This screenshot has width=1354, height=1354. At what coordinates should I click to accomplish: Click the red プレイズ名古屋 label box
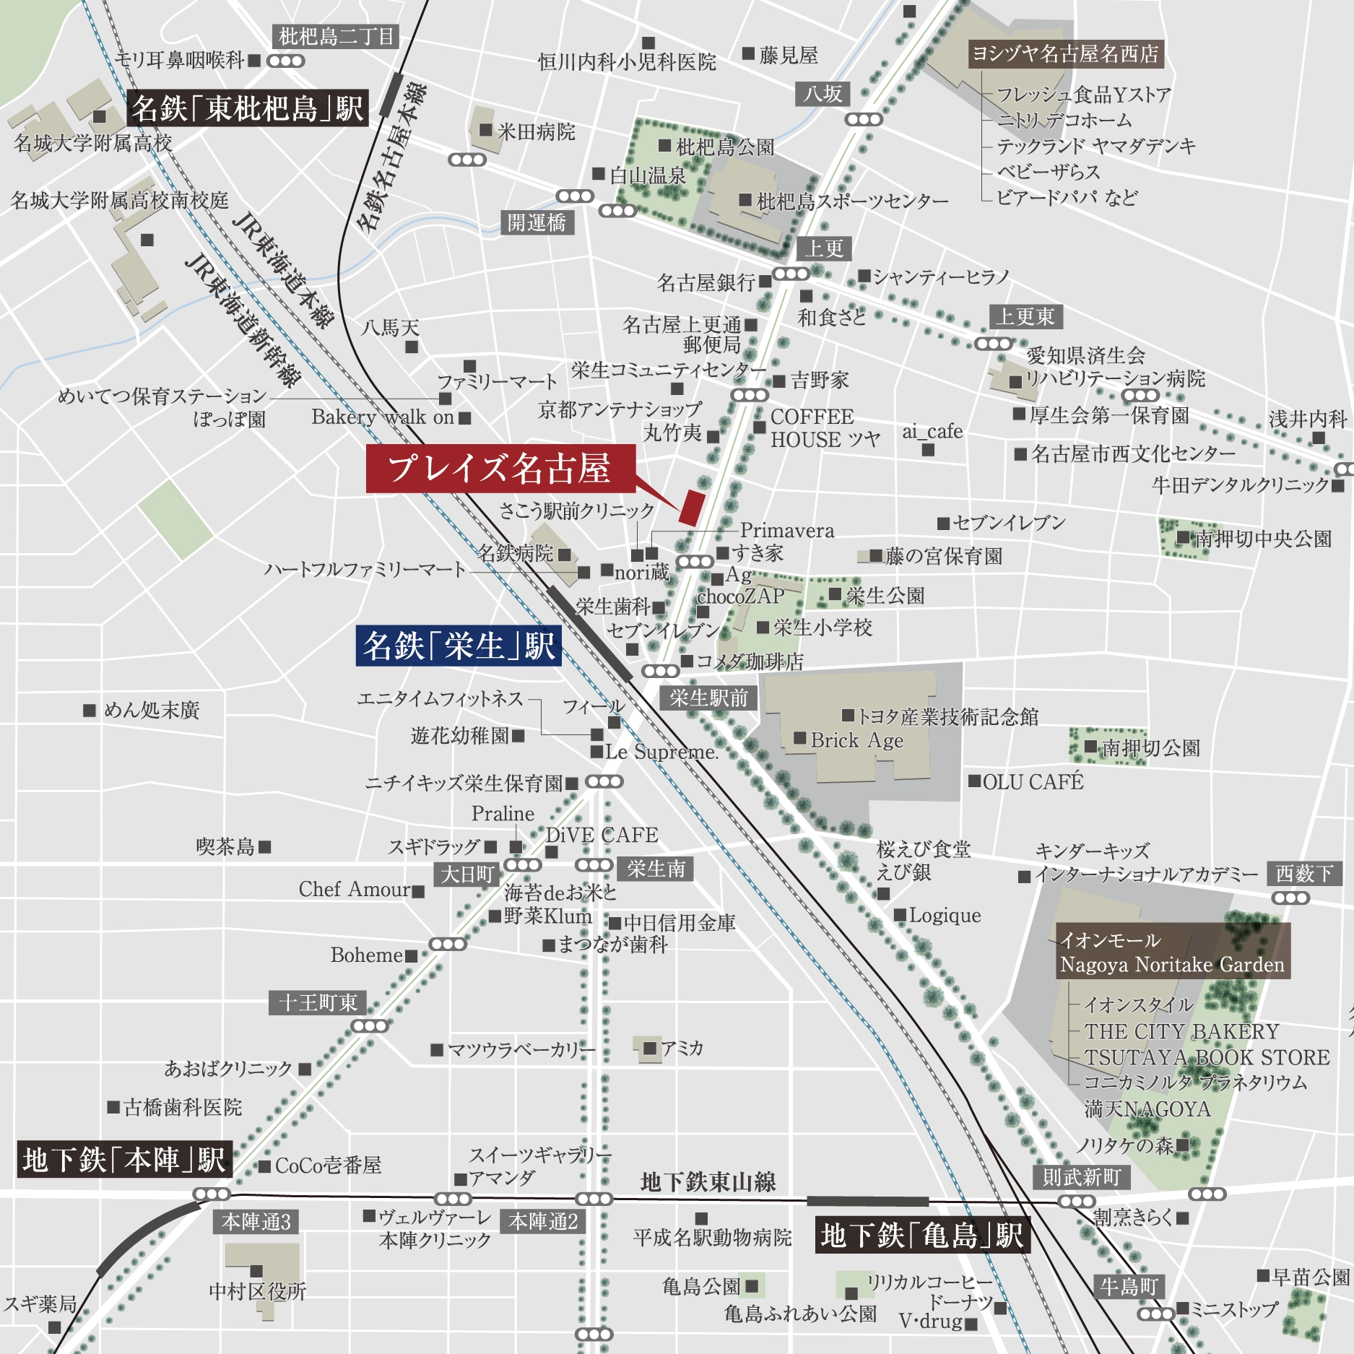[x=500, y=469]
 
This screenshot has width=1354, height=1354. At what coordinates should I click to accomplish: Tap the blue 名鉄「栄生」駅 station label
[x=459, y=645]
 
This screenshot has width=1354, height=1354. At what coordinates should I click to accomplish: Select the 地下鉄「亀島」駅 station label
[x=922, y=1235]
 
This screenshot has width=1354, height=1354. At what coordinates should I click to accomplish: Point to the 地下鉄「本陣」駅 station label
[x=124, y=1160]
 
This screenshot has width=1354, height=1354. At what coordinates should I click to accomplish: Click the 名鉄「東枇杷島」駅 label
[x=247, y=108]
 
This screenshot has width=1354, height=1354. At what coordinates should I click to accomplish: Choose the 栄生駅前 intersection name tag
[x=708, y=698]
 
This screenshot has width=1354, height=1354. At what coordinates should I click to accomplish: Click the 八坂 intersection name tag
[x=823, y=94]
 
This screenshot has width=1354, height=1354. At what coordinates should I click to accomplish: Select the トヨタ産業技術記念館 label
[x=947, y=716]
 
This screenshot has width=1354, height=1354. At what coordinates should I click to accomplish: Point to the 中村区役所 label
[x=258, y=1291]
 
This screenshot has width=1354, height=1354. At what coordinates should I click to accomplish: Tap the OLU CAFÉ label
[x=1033, y=781]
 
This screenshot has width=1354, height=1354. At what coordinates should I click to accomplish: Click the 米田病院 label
[x=536, y=131]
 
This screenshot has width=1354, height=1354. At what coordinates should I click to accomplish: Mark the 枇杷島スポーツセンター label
[x=851, y=201]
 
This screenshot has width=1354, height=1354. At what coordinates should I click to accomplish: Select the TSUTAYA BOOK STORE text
[x=1206, y=1057]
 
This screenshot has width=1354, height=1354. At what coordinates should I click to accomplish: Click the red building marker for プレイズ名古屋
[x=690, y=507]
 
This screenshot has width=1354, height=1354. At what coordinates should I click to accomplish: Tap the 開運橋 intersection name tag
[x=537, y=222]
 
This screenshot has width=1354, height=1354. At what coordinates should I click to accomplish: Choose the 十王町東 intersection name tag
[x=318, y=1002]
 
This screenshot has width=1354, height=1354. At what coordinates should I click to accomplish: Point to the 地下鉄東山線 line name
[x=708, y=1181]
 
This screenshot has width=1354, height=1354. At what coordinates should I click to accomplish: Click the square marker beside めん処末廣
[x=90, y=711]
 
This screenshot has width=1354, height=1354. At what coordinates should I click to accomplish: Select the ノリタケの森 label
[x=1125, y=1145]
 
